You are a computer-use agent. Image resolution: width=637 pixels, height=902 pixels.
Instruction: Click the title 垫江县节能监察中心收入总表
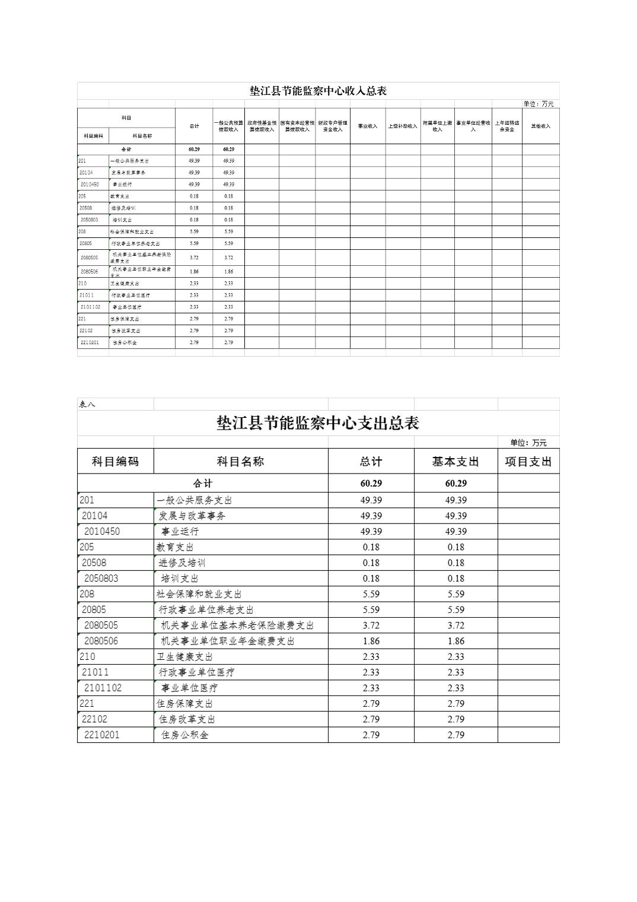pyautogui.click(x=318, y=91)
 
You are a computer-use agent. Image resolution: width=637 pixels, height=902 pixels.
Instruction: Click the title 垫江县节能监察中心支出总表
pyautogui.click(x=318, y=423)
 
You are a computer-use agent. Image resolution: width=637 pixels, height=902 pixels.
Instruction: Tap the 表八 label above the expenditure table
pyautogui.click(x=87, y=404)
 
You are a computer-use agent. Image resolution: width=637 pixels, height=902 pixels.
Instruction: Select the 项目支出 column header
pyautogui.click(x=528, y=462)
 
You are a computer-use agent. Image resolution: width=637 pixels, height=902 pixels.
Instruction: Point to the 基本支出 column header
pyautogui.click(x=456, y=462)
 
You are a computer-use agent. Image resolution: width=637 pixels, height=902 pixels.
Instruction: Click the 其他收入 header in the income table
pyautogui.click(x=540, y=126)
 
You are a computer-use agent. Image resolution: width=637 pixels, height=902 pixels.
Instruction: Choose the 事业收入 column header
pyautogui.click(x=367, y=126)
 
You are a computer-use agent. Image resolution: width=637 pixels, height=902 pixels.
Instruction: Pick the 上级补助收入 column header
pyautogui.click(x=403, y=126)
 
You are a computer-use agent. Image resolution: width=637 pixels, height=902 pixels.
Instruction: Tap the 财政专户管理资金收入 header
pyautogui.click(x=332, y=126)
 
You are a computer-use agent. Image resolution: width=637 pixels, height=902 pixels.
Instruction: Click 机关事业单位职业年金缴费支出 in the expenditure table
pyautogui.click(x=228, y=641)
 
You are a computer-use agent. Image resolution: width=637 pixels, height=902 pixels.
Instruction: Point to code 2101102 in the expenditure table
pyautogui.click(x=103, y=688)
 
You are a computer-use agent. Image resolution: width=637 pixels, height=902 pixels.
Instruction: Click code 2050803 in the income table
pyautogui.click(x=90, y=220)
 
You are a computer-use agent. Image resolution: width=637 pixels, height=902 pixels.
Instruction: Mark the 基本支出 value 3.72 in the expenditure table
pyautogui.click(x=456, y=625)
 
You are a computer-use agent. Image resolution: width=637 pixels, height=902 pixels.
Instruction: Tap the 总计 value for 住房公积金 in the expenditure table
pyautogui.click(x=371, y=735)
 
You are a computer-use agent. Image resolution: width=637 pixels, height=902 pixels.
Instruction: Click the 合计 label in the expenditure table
pyautogui.click(x=202, y=483)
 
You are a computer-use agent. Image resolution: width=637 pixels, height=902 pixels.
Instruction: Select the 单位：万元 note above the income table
pyautogui.click(x=538, y=104)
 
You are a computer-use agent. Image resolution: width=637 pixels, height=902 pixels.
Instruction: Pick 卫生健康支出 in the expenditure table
pyautogui.click(x=184, y=656)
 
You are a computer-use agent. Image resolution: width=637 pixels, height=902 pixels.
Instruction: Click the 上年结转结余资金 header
pyautogui.click(x=507, y=126)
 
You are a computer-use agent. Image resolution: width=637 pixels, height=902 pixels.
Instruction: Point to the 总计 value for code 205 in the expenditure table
pyautogui.click(x=371, y=547)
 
